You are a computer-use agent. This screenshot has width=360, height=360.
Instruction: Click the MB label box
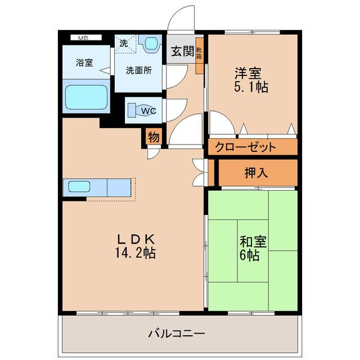(86, 38)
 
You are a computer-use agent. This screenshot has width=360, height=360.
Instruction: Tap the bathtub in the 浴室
(86, 97)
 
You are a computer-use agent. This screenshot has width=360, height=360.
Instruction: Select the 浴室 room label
(84, 62)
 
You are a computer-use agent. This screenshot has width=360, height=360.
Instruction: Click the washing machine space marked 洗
(125, 44)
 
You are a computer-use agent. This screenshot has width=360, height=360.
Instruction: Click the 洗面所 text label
(139, 70)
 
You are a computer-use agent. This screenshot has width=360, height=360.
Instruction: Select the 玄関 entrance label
(183, 51)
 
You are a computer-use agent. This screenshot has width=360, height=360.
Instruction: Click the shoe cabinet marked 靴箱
(199, 55)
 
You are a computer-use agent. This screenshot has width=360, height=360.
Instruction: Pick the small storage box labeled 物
(154, 137)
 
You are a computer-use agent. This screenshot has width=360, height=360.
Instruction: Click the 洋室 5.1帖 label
(251, 80)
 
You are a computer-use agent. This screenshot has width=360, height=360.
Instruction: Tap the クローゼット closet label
(245, 147)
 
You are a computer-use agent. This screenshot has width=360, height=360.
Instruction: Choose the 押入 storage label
(256, 173)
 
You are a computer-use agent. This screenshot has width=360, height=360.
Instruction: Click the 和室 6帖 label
(253, 248)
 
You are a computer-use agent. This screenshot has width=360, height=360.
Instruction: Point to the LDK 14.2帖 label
(136, 246)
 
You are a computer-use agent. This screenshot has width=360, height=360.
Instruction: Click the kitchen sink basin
(79, 186)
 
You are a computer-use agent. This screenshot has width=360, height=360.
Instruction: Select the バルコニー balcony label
(176, 334)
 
